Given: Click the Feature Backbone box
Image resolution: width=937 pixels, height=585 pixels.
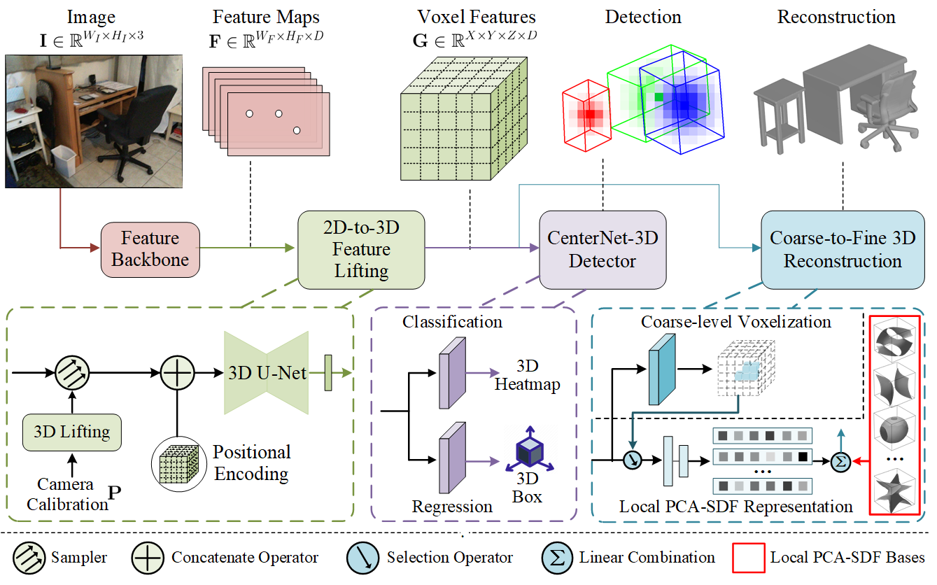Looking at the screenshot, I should (150, 248).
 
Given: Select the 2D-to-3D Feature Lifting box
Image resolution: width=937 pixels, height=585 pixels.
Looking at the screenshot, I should (362, 249).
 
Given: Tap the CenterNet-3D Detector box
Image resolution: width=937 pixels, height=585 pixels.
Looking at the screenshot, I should (603, 250).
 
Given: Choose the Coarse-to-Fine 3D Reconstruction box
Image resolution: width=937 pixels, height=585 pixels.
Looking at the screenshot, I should (843, 250).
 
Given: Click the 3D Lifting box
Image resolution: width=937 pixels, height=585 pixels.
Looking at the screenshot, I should (72, 431).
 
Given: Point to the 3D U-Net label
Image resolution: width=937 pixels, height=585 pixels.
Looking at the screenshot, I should (267, 373).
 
